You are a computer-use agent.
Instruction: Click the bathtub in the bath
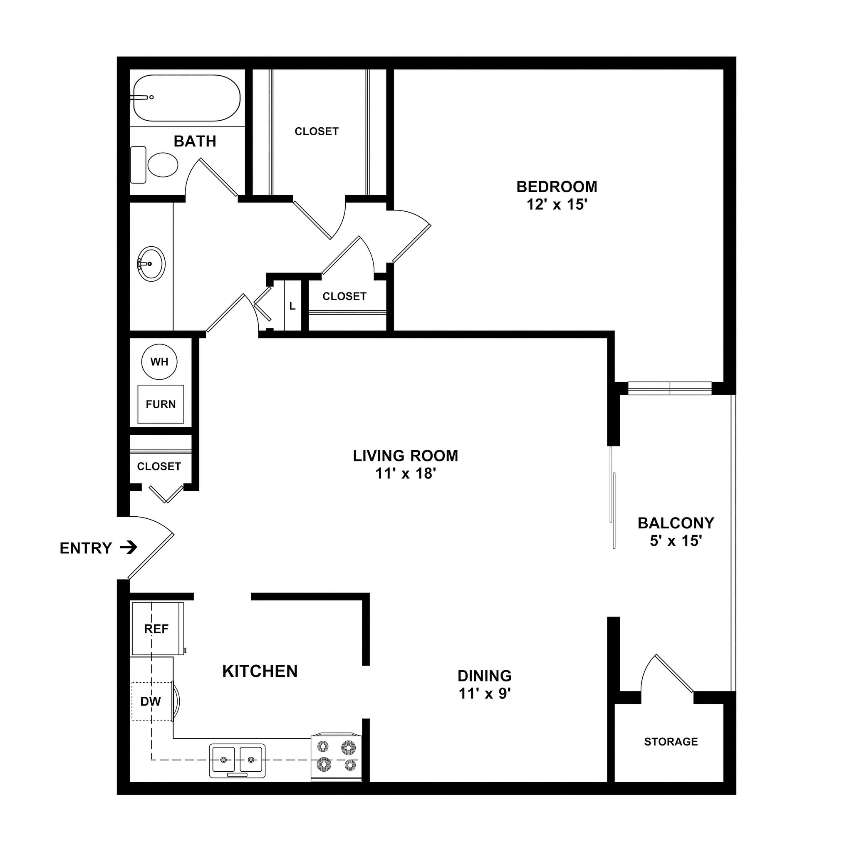pos(186,98)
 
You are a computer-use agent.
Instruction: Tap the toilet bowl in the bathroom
pos(162,165)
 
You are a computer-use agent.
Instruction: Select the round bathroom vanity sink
pos(151,264)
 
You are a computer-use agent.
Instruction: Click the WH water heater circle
pos(159,362)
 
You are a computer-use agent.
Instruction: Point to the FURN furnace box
pos(161,404)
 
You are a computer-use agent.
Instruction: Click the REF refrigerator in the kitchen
pos(156,629)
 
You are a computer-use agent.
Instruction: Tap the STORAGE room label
pos(671,742)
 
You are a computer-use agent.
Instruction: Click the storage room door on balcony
pos(674,674)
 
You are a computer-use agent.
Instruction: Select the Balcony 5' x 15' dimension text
pos(676,541)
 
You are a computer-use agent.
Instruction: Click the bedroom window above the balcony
pos(669,389)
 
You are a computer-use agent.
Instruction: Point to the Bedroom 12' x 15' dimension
pos(557,205)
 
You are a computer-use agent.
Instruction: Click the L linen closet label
pos(292,306)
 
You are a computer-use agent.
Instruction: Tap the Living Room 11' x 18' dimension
pos(405,473)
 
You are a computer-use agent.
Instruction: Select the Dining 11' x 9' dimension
pos(484,693)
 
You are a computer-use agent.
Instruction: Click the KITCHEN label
pos(260,671)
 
